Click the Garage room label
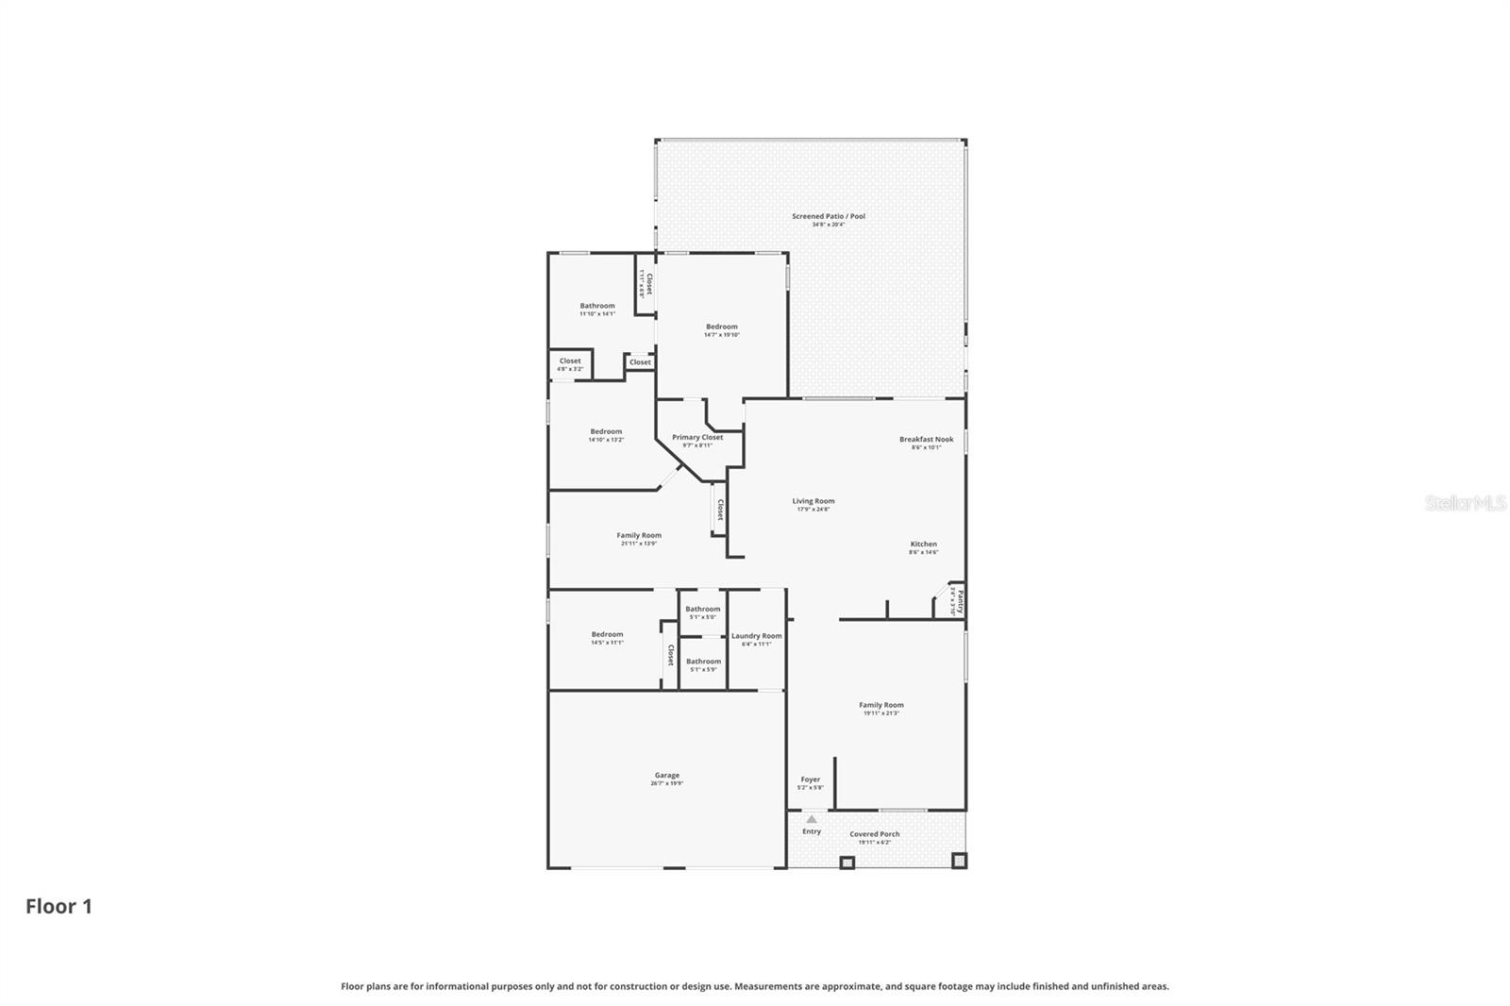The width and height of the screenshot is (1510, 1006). coord(666,776)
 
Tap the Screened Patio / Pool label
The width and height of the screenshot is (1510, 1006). coord(828,217)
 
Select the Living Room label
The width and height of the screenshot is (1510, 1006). coord(813,502)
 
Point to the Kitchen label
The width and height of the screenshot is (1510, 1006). coord(923,545)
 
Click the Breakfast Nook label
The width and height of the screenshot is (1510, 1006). coord(926,440)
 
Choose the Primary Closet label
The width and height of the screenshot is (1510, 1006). coord(697,438)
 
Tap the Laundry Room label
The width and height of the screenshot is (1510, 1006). coord(756,636)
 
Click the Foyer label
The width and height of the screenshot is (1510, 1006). coord(810,780)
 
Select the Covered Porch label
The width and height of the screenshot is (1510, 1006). coord(874,834)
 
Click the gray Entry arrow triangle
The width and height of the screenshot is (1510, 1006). coord(811,819)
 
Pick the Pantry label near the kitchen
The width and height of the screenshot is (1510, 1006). coord(959,602)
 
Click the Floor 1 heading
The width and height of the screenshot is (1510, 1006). coord(59,907)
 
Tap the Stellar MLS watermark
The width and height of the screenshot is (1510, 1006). coord(1465,504)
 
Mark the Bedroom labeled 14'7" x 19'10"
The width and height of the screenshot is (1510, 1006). coord(722,327)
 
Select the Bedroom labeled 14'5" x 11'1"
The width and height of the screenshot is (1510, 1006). coord(607,635)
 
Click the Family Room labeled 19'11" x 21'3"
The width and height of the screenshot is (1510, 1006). coord(881,706)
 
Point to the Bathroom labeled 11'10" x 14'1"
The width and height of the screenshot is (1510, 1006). coord(596,307)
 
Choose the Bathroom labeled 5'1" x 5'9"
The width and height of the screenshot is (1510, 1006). coord(703,662)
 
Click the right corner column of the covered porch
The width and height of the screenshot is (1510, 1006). coord(959,861)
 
